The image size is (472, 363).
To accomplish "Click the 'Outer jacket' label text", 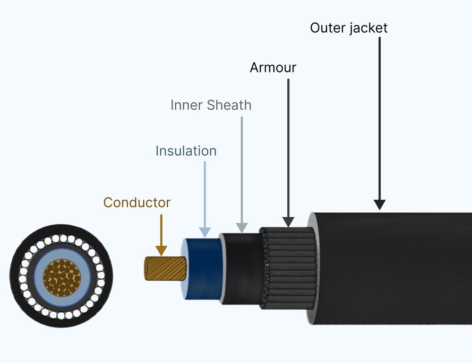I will (x=349, y=28).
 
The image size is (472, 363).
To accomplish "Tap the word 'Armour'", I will (x=273, y=68).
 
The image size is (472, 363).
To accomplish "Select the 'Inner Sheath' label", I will (x=211, y=105).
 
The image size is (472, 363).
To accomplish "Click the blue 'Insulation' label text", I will (x=186, y=151).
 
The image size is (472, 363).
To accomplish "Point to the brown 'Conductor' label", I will (x=137, y=203).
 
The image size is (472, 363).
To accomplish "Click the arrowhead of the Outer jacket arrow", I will (x=379, y=204).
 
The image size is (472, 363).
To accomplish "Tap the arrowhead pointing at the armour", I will (x=288, y=221).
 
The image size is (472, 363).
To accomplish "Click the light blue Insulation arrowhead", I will (x=205, y=231).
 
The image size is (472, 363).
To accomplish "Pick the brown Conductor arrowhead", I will (x=161, y=251).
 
